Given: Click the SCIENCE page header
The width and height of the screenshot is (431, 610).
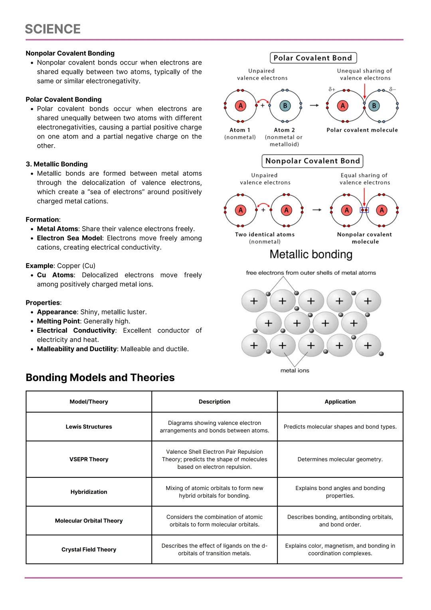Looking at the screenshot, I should pos(53,29).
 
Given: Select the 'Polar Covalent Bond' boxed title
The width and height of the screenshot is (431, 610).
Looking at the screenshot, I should pos(313,58).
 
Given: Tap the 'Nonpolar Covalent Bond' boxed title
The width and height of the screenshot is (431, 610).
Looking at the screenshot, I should pos(312,161).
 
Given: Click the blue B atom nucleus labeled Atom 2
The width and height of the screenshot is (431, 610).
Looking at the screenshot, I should pos(285,106).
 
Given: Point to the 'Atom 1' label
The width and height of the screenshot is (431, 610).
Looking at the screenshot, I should pos(240,130).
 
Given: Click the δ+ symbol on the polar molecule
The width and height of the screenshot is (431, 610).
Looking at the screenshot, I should pos(332,89).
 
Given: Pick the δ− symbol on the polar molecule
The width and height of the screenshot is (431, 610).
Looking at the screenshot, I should pos(393,89).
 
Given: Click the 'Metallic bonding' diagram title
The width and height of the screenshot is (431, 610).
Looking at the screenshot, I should pos(311,254).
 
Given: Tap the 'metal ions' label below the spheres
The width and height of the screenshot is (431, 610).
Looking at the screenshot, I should pos(295,370).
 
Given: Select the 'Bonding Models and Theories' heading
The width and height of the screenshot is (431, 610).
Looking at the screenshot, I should pos(100,378).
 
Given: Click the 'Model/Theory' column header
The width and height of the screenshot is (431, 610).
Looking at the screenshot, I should pos(89,401).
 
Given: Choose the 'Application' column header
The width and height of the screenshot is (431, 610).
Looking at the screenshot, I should pos(340,401).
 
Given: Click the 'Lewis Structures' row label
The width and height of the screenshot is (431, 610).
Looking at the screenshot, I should pos(89,427).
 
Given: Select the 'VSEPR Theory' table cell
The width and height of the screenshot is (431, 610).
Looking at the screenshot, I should pos(89,459).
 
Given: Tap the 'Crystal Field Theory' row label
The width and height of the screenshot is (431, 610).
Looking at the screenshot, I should pos(89,549).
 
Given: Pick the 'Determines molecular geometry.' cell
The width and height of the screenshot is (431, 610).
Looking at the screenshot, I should pos(340,459).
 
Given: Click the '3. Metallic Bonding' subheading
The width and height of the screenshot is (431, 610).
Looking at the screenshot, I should pos(57,164).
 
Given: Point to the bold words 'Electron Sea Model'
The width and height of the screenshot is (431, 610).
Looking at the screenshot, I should pos(69,238).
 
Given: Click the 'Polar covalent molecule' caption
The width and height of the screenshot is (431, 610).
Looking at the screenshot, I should pos(362,130).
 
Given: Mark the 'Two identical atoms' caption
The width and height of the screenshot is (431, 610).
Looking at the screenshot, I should pos(265,234).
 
